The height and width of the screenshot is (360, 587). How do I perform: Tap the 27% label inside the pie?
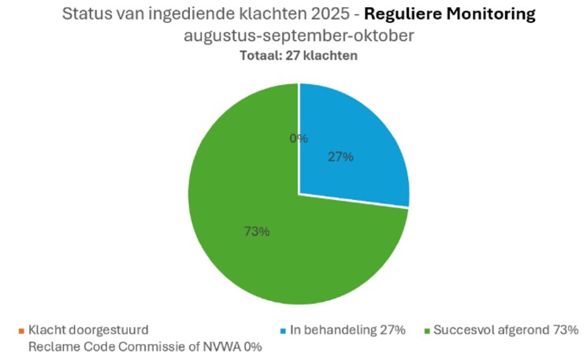pyautogui.click(x=340, y=156)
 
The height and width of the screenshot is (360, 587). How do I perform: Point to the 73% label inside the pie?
pyautogui.click(x=257, y=231)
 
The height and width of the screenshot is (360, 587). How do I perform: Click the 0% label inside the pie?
pyautogui.click(x=299, y=138)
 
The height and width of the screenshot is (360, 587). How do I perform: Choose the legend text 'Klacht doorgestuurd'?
pyautogui.click(x=88, y=329)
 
